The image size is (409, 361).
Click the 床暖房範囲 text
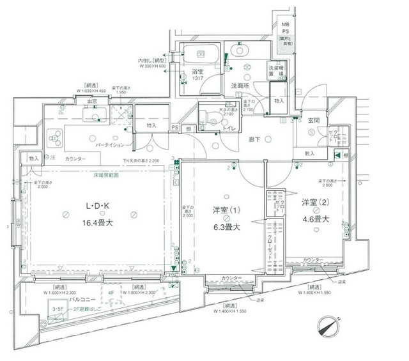pos(104,174)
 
